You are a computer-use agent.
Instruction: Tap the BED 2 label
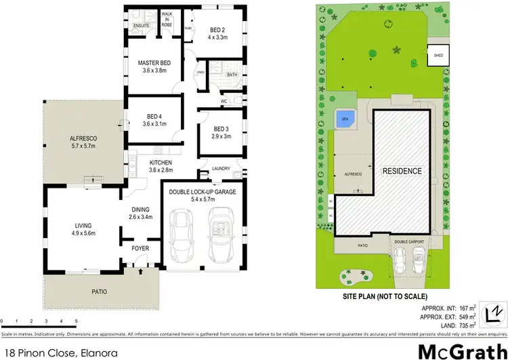(217, 30)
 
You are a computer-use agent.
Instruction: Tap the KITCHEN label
(161, 163)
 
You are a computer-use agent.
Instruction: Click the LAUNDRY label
(221, 169)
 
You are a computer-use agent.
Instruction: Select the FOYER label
(140, 248)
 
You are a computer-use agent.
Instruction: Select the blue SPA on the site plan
(344, 118)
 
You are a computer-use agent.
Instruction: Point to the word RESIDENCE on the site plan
(402, 171)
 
